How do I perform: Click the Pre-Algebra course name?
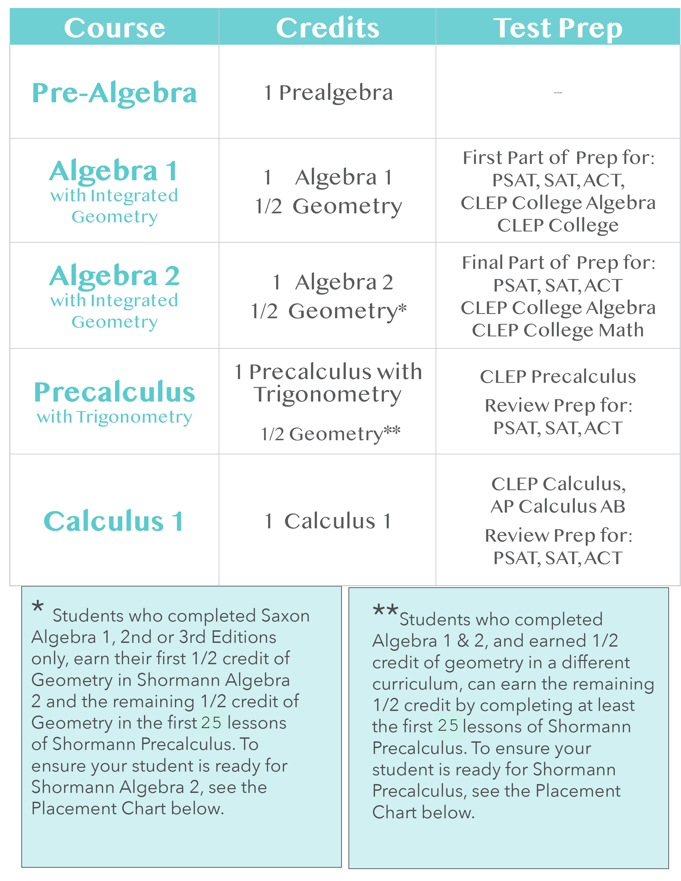coord(115,93)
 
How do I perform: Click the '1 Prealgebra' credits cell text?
coord(328,93)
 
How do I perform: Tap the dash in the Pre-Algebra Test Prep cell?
coord(558,93)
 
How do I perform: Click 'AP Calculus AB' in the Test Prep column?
coord(558,506)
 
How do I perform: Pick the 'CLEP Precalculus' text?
coord(558,376)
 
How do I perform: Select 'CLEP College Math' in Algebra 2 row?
coord(558,330)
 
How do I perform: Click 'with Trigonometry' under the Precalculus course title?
coord(115,417)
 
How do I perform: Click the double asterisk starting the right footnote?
coord(385,610)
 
